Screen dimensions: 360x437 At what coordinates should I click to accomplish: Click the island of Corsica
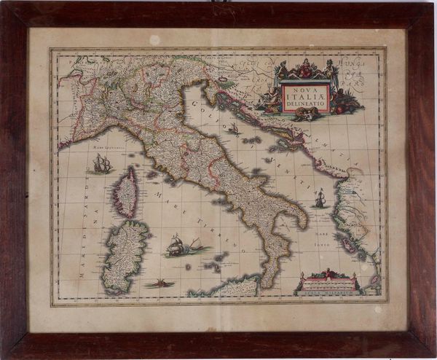pos(126,192)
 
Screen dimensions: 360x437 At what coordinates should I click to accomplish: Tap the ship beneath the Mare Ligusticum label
pos(102,165)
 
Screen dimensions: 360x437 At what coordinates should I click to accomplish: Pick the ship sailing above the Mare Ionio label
pos(319,198)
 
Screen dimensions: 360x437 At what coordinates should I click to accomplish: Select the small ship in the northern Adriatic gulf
pos(234,129)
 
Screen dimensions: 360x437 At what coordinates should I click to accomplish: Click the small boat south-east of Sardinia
pos(160,283)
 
